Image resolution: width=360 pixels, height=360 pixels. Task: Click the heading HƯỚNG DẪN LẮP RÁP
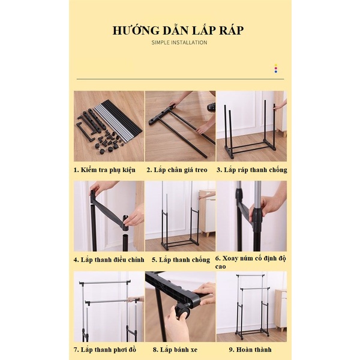pos(178,31)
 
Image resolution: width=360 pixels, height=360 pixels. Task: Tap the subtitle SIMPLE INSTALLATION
pos(179,43)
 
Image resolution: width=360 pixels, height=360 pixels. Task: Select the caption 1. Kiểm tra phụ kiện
pos(104,170)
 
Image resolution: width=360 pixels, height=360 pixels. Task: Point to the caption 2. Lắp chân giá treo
pos(177,170)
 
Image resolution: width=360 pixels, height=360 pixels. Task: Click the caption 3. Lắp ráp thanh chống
pos(252,170)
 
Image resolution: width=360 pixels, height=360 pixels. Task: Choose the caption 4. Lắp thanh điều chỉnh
pos(109,260)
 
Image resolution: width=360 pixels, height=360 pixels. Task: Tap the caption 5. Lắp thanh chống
pos(181,260)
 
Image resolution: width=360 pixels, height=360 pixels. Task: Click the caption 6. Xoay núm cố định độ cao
pos(251,262)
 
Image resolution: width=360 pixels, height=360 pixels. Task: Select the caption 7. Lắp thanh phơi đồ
pos(105,350)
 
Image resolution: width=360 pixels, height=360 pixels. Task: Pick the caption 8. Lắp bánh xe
pos(175,350)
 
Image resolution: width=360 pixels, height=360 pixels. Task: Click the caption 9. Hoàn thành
pos(250,350)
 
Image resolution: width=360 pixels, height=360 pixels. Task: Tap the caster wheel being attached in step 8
pos(182,311)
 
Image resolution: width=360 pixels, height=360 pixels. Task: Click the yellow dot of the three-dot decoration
pos(276,65)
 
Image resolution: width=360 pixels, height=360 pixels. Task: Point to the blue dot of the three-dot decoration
pos(276,71)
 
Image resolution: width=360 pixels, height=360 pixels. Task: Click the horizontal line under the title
pos(180,79)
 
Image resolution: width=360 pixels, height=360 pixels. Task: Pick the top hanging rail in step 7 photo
pos(105,282)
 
